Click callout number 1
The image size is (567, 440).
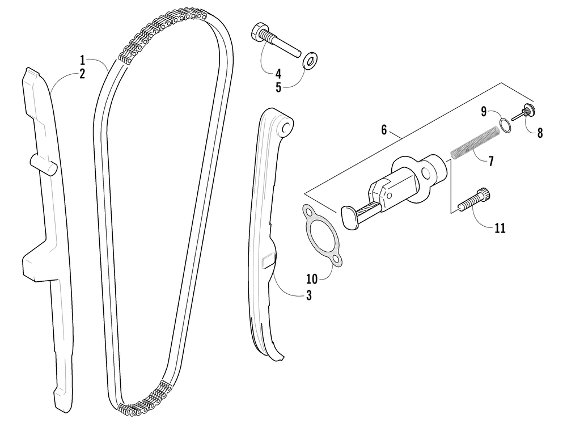coord(82,60)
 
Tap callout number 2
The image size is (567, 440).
coord(82,74)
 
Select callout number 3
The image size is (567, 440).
coord(309,295)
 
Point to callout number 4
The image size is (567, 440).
coord(278,73)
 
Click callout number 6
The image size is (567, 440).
coord(384,130)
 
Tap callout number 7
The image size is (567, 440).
coord(490,160)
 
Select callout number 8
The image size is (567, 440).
coord(539,133)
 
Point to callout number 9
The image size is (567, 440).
coord(484,112)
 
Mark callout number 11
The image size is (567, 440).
coord(500,228)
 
